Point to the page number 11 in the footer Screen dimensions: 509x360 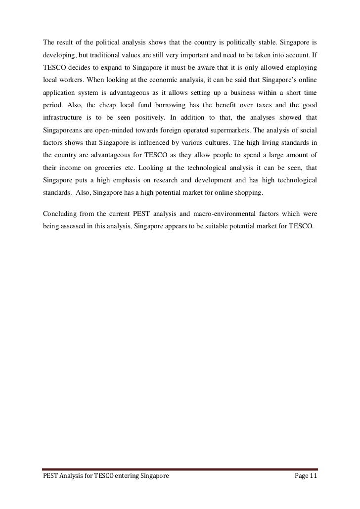coord(313,475)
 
